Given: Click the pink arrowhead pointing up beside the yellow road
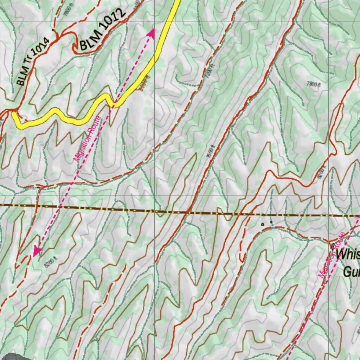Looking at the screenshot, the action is [x=152, y=33].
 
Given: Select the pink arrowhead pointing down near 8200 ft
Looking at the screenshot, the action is [x=37, y=251].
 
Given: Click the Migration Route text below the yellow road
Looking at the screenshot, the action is [x=87, y=139].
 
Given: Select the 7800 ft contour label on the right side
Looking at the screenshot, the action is [x=314, y=84].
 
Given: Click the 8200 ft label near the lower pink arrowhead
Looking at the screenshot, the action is [x=51, y=262].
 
